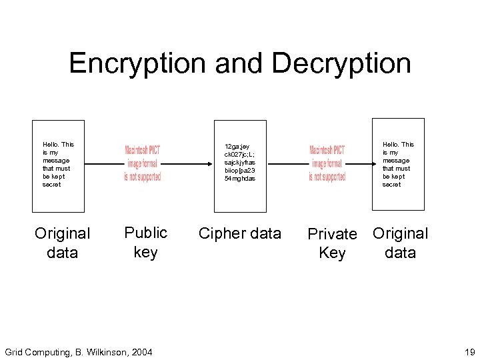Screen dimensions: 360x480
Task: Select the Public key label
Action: pos(145,242)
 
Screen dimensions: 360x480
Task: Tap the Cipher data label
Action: pos(240,233)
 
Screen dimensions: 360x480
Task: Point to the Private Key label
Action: pos(332,243)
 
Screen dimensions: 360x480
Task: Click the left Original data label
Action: pos(63,243)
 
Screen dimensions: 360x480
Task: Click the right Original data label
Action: pos(400,243)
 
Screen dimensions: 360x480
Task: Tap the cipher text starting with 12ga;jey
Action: pos(240,162)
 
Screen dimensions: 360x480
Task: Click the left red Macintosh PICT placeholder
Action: pos(142,163)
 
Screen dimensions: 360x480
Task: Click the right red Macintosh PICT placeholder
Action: pos(327,163)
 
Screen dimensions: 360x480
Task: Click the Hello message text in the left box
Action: pos(58,164)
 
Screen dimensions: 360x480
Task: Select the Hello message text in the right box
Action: pos(397,164)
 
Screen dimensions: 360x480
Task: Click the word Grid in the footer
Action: pos(14,351)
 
